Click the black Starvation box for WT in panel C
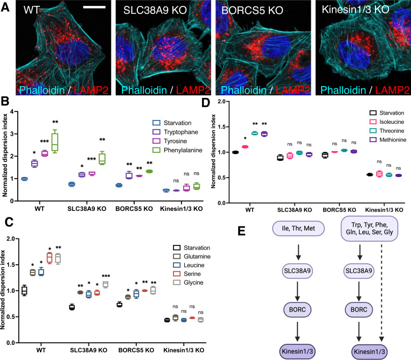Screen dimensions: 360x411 [x=24, y=291]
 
